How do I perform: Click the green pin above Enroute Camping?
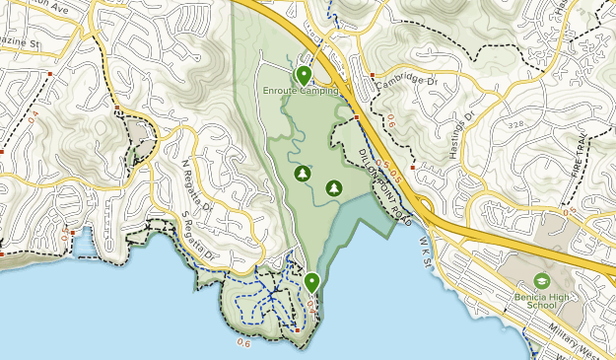click(x=304, y=74)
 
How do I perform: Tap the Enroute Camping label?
click(x=301, y=91)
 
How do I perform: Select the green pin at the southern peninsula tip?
click(x=311, y=282)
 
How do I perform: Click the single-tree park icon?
click(x=303, y=175)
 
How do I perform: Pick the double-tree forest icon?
click(x=333, y=186)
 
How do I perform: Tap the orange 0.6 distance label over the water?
click(x=243, y=342)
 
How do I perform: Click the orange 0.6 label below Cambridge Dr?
click(x=391, y=122)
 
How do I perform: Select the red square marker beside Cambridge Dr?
click(x=372, y=74)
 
